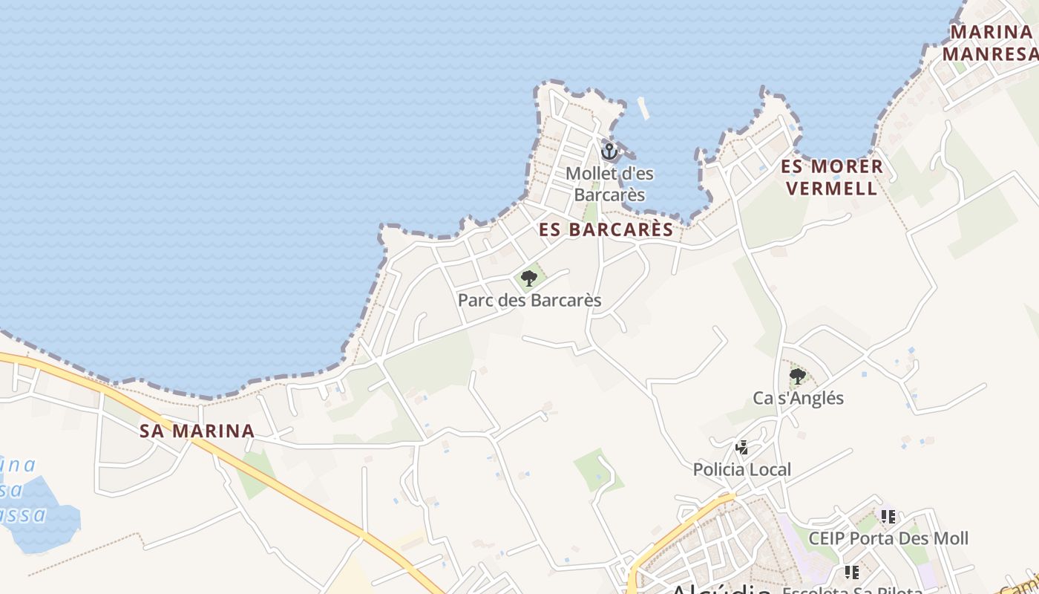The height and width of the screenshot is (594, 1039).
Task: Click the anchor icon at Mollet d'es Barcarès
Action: point(609,151)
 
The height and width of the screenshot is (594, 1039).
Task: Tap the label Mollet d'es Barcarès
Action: point(609,184)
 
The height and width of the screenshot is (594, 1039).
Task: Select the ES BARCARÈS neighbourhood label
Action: point(606,229)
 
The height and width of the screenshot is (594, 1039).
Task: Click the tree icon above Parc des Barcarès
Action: point(529,278)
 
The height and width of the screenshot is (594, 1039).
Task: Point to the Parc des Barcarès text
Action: point(529,300)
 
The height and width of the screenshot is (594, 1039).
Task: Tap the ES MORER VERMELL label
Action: point(832,177)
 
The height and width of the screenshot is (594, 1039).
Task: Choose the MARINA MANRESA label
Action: point(991,43)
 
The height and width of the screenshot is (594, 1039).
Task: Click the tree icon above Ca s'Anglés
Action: point(798,376)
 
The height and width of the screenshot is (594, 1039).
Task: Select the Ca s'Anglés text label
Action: point(798,398)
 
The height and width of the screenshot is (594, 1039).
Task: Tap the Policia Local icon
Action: point(741,448)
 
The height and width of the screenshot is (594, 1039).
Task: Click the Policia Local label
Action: point(741,469)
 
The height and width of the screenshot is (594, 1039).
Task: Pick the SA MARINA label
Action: point(197,431)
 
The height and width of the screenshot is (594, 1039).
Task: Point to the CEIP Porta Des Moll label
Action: point(888,538)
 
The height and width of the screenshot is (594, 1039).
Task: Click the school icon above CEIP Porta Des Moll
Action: point(888,516)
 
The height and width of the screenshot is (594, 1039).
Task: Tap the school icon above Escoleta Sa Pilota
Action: point(852,572)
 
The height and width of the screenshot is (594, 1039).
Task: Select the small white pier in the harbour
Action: point(643,108)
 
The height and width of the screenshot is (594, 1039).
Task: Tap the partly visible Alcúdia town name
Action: point(720,589)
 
